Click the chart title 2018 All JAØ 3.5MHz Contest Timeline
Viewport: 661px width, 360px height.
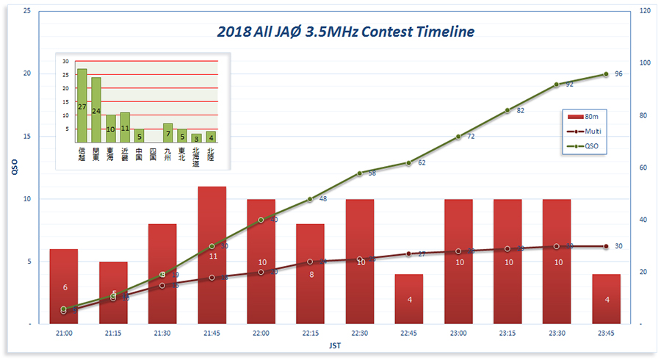pos(345,32)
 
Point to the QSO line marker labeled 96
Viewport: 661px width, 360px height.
pos(606,74)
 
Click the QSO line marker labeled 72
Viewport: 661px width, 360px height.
pos(458,137)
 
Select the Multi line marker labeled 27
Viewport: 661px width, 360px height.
pos(409,253)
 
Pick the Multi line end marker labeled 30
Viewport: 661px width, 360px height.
pos(606,246)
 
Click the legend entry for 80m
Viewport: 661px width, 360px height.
pos(585,117)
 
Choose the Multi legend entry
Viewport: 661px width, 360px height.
pos(585,132)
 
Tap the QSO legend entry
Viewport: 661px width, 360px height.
pos(585,146)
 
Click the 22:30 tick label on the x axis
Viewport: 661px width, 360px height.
pos(360,334)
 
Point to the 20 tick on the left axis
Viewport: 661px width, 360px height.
pos(26,73)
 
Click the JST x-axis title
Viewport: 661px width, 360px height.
pos(334,345)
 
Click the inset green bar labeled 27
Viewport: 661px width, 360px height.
pos(82,106)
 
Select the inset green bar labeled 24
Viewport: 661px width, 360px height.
pos(96,110)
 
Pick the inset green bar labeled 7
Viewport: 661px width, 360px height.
pos(167,133)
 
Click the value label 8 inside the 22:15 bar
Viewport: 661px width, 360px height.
pos(311,274)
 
